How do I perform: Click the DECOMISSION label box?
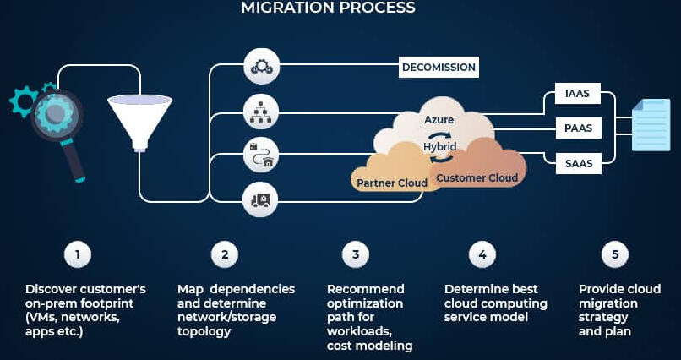[x=439, y=67]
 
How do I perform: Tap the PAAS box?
[x=578, y=129]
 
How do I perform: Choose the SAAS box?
[x=578, y=162]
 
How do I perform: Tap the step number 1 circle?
[x=77, y=254]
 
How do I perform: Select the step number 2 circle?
[x=225, y=254]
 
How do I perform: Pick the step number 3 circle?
[x=356, y=254]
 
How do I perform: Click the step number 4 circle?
[x=482, y=254]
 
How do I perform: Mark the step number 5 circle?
[x=614, y=254]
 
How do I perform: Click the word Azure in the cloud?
[x=439, y=120]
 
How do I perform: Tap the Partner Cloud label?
[x=392, y=183]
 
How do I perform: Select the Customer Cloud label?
[x=477, y=177]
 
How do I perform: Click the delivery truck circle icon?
[x=261, y=200]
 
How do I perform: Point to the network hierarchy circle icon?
[x=261, y=111]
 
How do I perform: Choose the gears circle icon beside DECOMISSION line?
[x=261, y=66]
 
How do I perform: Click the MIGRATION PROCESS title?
[x=328, y=8]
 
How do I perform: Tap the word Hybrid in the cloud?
[x=439, y=146]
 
